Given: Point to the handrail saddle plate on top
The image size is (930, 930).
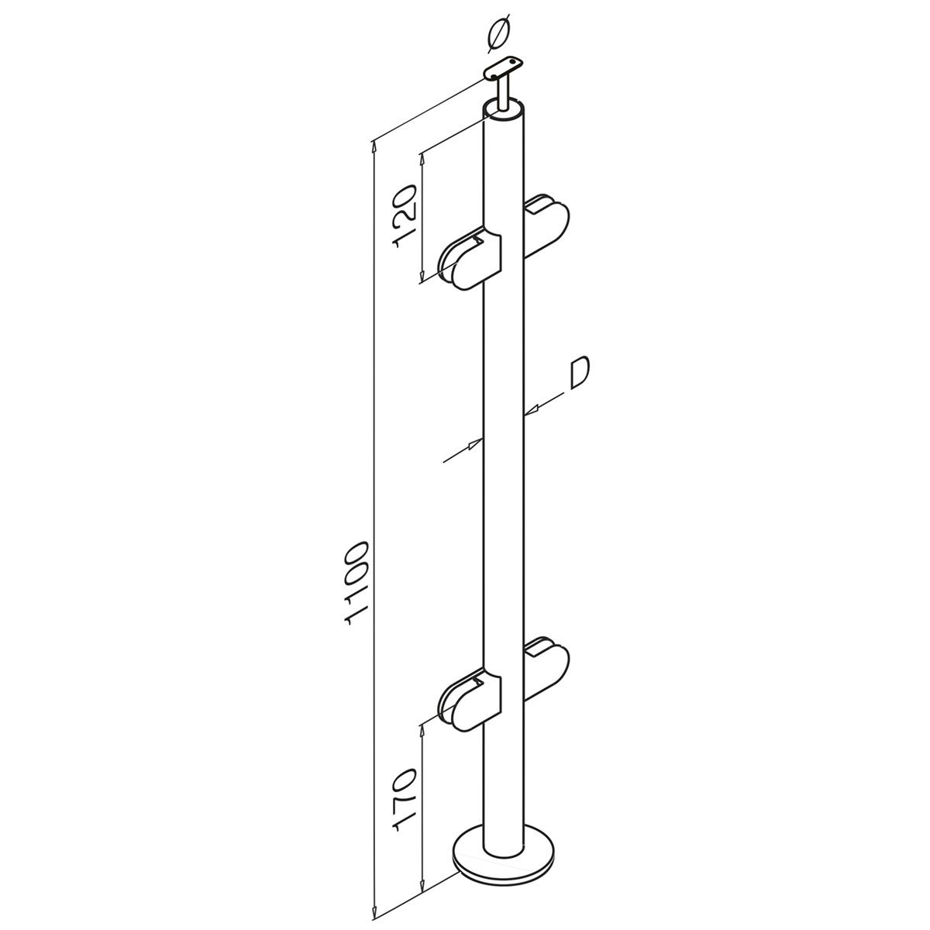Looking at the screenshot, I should coord(503,67).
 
